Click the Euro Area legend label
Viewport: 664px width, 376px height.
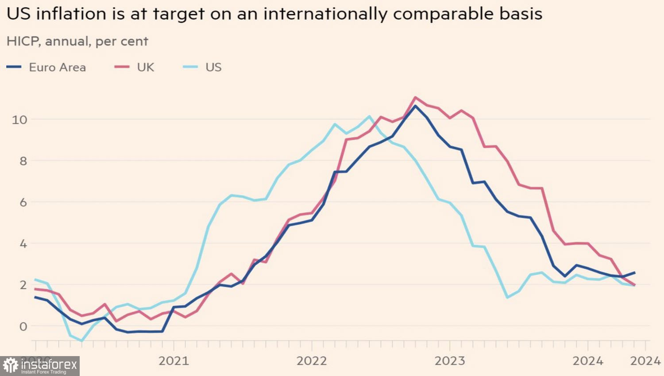[x=57, y=67]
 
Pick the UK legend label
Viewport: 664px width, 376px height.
[x=145, y=67]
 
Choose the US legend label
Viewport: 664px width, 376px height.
[x=213, y=67]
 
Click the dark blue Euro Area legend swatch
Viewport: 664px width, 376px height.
[x=14, y=67]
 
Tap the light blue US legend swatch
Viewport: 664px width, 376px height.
[x=191, y=67]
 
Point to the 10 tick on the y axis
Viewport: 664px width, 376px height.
[x=19, y=119]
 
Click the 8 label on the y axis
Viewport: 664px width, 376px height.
[x=23, y=161]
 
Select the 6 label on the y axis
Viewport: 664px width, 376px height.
[x=23, y=202]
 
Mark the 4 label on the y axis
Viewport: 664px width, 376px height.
[x=23, y=244]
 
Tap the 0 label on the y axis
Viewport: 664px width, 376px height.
[x=23, y=326]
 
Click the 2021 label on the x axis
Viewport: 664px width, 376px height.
[x=174, y=361]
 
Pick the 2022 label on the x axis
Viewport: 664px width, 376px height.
[x=312, y=361]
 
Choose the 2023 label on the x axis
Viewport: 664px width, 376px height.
[x=450, y=361]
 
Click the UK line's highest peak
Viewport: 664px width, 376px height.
[x=415, y=97]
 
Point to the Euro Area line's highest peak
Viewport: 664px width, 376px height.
[x=415, y=106]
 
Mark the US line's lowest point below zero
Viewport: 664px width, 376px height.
[x=81, y=341]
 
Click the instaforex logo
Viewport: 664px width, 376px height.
[x=40, y=366]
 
